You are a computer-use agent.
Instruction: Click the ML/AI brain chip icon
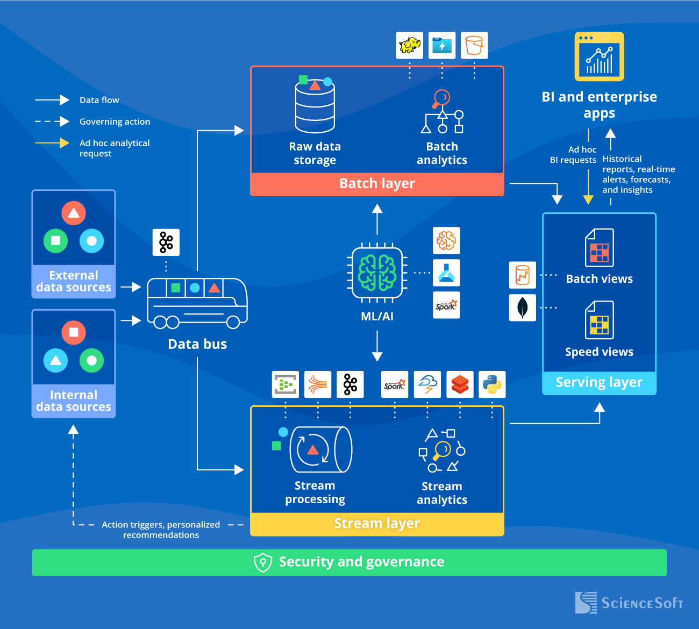coord(377,273)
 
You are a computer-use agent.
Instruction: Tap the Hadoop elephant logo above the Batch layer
coord(410,45)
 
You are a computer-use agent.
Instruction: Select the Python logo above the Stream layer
coord(492,384)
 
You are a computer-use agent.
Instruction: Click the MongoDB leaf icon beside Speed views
coord(523,308)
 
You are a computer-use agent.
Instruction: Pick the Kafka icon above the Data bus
coord(166,242)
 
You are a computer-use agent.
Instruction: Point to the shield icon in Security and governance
coord(262,562)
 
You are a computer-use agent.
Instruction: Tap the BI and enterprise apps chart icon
coord(599,57)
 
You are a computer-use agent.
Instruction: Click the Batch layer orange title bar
coord(377,184)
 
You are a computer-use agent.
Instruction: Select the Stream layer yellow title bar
coord(377,524)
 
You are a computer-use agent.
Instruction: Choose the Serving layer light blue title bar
coord(599,383)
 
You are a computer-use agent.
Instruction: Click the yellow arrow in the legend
coord(52,143)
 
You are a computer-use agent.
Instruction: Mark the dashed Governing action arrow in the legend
coord(52,121)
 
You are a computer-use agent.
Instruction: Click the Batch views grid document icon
coord(599,248)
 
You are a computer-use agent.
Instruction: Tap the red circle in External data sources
coord(74,213)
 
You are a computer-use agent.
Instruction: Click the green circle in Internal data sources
coord(92,360)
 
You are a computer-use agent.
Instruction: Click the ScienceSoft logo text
coord(642,603)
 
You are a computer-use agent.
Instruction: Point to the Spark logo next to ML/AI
coord(446,305)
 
